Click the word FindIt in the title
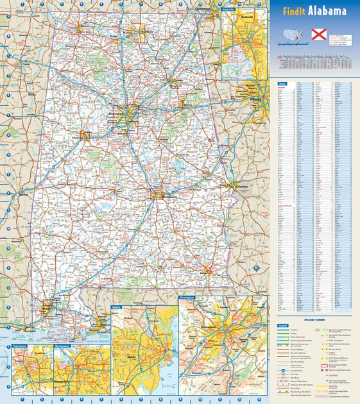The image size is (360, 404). point(293,11)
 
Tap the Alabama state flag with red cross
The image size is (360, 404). point(319,34)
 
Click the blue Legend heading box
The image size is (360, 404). point(282,326)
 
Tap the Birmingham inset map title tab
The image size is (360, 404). point(187,298)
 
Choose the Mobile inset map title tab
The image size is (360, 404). point(117,308)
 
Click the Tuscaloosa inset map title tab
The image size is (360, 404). point(20,346)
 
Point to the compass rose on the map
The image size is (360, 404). point(255,267)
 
